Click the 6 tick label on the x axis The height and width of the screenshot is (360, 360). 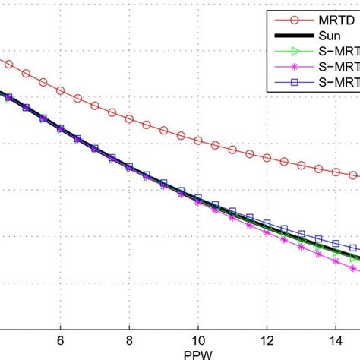60,341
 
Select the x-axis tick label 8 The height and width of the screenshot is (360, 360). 129,341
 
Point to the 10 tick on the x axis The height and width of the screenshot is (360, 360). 198,341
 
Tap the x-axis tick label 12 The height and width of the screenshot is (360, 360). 267,341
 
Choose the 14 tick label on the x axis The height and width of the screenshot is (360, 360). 336,341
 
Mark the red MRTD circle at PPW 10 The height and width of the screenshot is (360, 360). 198,141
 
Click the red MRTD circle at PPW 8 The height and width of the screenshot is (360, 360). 129,119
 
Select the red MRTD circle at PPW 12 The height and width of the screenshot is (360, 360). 267,158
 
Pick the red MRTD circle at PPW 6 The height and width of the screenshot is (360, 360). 60,90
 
